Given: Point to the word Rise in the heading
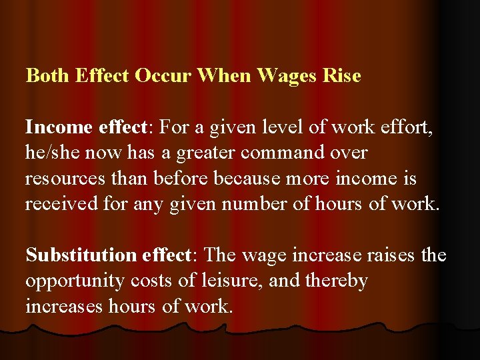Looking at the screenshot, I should tap(341, 75).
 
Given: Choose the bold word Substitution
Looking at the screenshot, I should tap(81, 255).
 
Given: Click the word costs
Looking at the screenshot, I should tap(151, 281).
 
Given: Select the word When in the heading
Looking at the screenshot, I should tap(223, 75).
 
